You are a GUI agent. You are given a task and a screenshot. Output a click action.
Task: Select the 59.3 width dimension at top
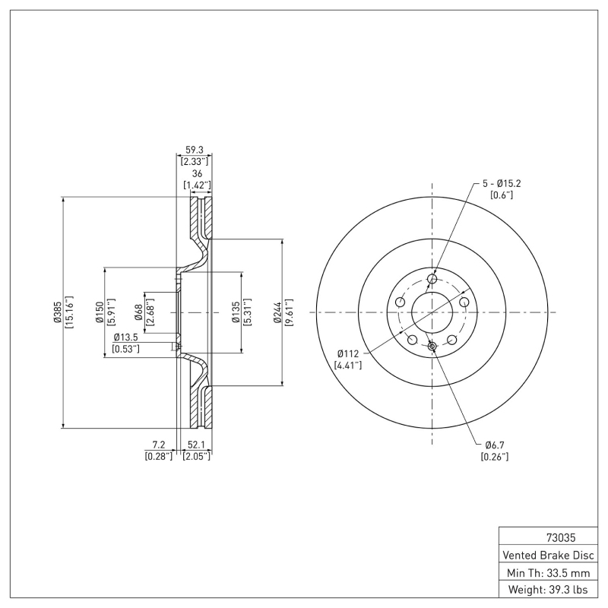(195, 150)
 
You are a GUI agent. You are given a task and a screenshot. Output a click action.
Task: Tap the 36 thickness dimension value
(197, 174)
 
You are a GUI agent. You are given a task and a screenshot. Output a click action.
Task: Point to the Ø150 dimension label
(99, 312)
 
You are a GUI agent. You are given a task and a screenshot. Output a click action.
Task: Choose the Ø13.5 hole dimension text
(125, 337)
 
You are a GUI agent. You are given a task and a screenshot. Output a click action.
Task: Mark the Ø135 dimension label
(236, 312)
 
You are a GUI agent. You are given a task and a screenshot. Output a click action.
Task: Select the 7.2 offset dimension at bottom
(159, 445)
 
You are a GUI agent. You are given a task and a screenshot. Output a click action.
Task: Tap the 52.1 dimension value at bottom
(196, 445)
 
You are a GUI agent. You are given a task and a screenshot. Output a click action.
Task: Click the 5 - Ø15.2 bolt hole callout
(502, 183)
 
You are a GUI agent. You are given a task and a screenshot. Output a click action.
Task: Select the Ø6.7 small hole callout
(495, 445)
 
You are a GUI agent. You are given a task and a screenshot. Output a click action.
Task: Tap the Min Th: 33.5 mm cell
(547, 572)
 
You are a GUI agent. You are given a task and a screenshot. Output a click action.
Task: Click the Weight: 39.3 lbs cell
(547, 590)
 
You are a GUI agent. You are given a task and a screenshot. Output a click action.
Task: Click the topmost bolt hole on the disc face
(432, 280)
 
